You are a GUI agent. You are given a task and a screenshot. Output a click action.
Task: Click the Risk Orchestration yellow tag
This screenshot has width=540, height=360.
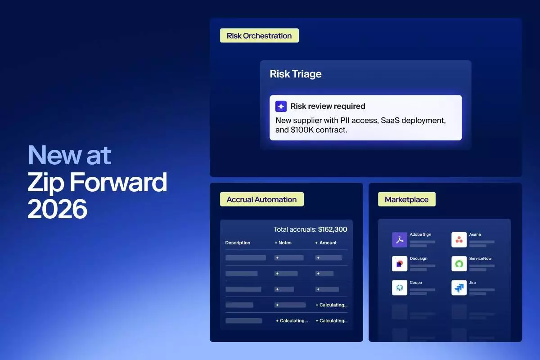[259, 36]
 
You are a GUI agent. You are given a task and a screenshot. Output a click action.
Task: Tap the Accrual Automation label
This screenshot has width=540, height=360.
[261, 199]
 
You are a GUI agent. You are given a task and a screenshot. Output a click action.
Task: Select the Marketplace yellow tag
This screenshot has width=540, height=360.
[407, 199]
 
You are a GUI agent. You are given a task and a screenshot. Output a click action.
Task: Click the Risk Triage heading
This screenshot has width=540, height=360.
[296, 74]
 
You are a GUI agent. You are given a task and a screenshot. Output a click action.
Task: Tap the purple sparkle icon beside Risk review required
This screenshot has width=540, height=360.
[281, 106]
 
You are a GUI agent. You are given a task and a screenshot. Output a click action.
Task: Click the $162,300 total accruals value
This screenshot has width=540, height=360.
[333, 229]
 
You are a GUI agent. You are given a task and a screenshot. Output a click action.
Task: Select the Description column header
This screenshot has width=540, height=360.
[238, 243]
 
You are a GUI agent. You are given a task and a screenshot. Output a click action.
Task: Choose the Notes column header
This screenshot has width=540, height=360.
[283, 243]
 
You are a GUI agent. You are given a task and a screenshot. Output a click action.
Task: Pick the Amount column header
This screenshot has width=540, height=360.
[326, 243]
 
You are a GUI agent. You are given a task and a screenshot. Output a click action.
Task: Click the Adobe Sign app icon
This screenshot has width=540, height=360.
[400, 240]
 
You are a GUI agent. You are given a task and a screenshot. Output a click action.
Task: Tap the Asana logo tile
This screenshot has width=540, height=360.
[459, 240]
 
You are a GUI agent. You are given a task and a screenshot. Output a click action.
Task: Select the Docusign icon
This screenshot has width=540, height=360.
[400, 264]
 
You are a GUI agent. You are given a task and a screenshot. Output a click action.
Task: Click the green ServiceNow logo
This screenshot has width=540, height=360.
[459, 264]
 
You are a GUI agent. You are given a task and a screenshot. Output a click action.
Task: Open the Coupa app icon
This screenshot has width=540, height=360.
[400, 288]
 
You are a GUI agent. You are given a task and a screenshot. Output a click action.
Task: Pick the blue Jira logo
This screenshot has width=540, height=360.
[459, 288]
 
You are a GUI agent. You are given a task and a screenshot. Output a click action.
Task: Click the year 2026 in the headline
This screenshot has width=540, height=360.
[58, 209]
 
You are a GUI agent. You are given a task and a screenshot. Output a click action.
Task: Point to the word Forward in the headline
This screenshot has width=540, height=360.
[118, 182]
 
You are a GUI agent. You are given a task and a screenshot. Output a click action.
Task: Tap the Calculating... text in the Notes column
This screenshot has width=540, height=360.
[292, 321]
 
